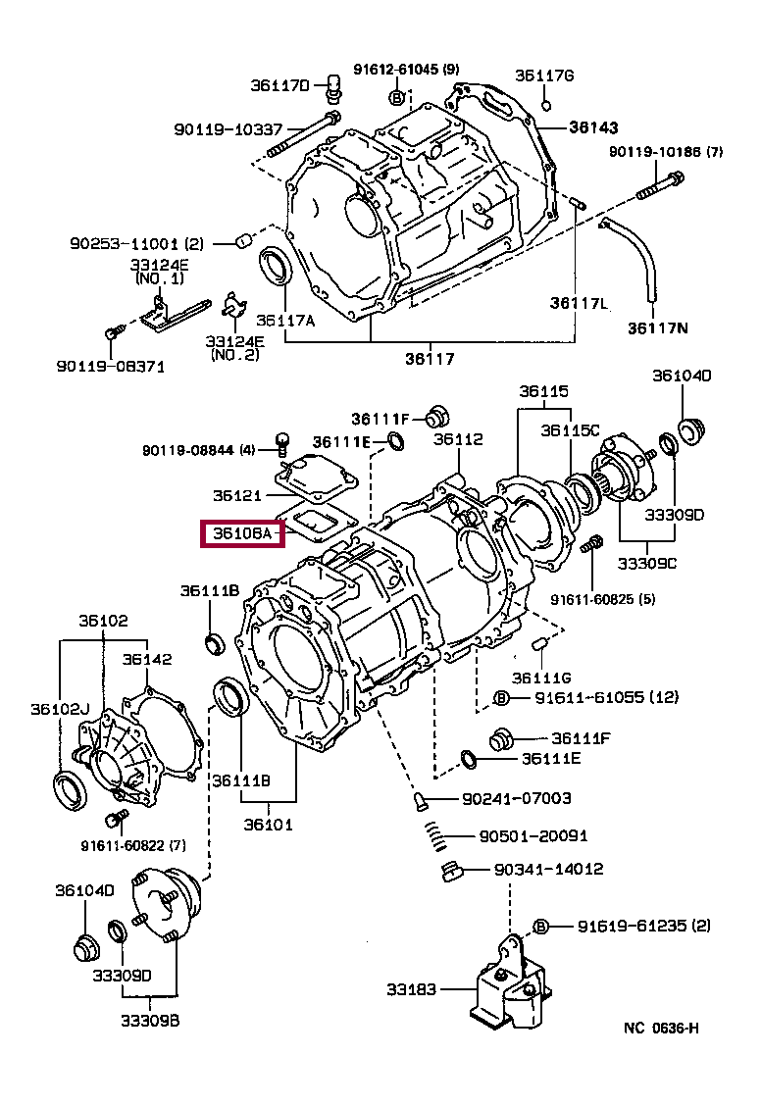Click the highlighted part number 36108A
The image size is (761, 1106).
click(242, 534)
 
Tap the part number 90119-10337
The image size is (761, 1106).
click(228, 129)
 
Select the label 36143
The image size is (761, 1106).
click(593, 126)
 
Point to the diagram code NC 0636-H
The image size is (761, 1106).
click(661, 1028)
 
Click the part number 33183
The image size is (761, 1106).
click(411, 989)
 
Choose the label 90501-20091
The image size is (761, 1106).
click(533, 835)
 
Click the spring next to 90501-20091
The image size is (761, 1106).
click(436, 836)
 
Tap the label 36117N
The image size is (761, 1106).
click(658, 328)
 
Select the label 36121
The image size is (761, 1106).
click(237, 495)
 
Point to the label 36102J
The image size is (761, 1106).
click(60, 709)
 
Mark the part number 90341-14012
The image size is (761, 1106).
click(549, 869)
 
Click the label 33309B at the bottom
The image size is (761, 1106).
click(150, 1020)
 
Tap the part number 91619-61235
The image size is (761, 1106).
click(634, 926)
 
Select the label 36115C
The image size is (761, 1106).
click(570, 430)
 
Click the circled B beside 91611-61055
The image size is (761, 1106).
click(501, 698)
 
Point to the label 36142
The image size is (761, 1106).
click(147, 659)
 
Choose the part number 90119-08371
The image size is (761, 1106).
click(111, 366)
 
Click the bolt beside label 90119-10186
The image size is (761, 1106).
click(661, 184)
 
